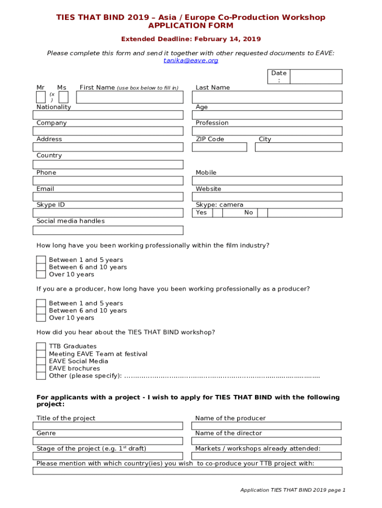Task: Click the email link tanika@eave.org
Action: tap(191, 61)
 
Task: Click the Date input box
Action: tap(316, 76)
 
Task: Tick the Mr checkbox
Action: tap(41, 97)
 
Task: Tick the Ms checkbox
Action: tap(64, 97)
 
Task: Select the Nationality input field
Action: tap(108, 115)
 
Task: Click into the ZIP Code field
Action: tap(219, 147)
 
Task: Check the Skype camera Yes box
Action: tap(217, 213)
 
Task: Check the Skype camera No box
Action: tap(262, 213)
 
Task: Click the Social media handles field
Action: tap(108, 230)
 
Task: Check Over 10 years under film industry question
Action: tap(41, 274)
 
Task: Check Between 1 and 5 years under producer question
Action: tap(41, 303)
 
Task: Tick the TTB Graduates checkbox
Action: tap(41, 346)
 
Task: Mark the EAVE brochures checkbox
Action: tap(41, 369)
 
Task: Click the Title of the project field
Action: tap(108, 426)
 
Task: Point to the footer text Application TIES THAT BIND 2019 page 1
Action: tap(293, 490)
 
